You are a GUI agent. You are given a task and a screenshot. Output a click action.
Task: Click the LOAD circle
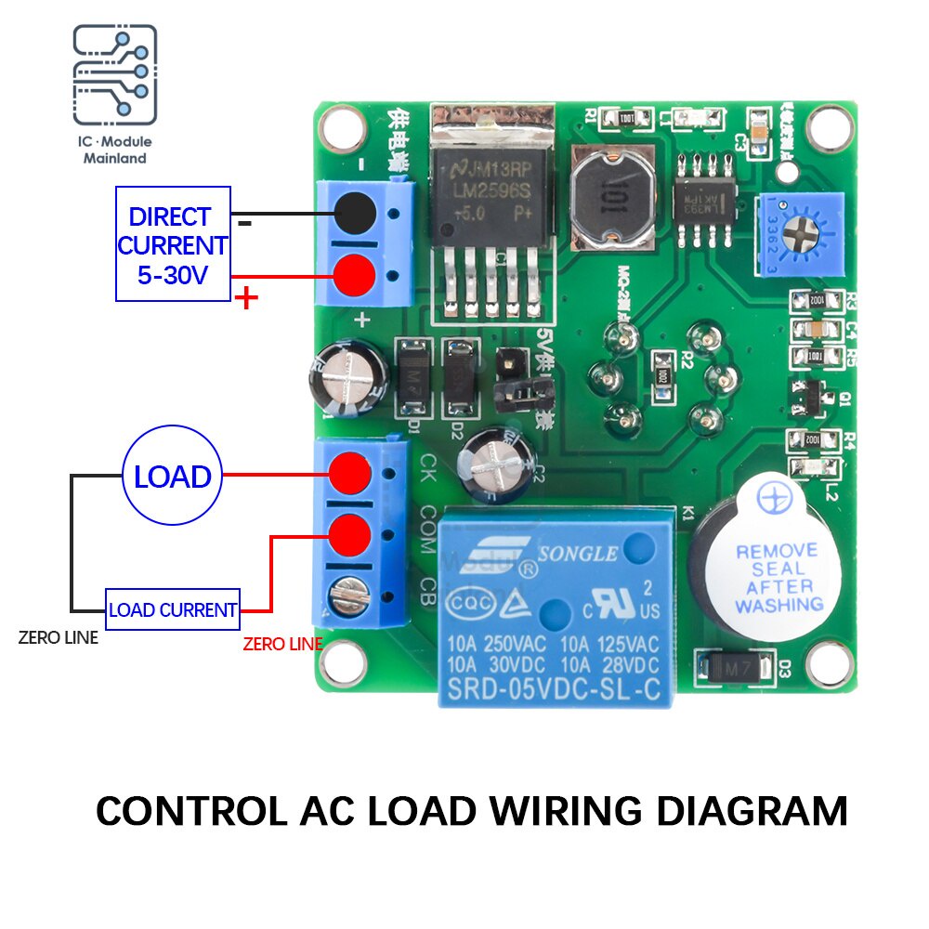tap(172, 477)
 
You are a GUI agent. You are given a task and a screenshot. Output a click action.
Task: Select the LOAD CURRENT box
tap(173, 610)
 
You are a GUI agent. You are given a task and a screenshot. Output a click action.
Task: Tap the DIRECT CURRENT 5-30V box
tap(172, 244)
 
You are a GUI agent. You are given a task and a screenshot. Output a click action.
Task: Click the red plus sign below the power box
tap(246, 299)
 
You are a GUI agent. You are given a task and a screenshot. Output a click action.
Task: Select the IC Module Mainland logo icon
tap(115, 78)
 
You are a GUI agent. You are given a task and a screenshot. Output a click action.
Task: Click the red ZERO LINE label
tap(282, 644)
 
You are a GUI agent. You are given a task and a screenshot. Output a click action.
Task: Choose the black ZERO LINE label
tap(59, 638)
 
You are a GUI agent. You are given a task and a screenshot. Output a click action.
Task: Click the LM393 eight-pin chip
tap(704, 196)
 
